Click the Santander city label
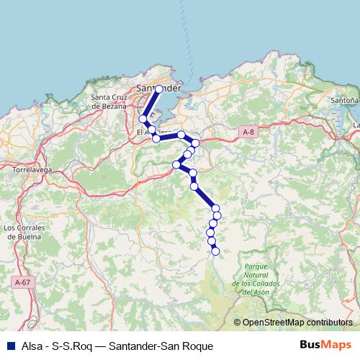click(158, 88)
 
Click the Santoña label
click(344, 101)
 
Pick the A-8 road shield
click(248, 132)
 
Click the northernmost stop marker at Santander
click(159, 89)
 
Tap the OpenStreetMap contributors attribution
click(297, 323)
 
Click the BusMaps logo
click(326, 346)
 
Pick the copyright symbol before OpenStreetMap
click(238, 323)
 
